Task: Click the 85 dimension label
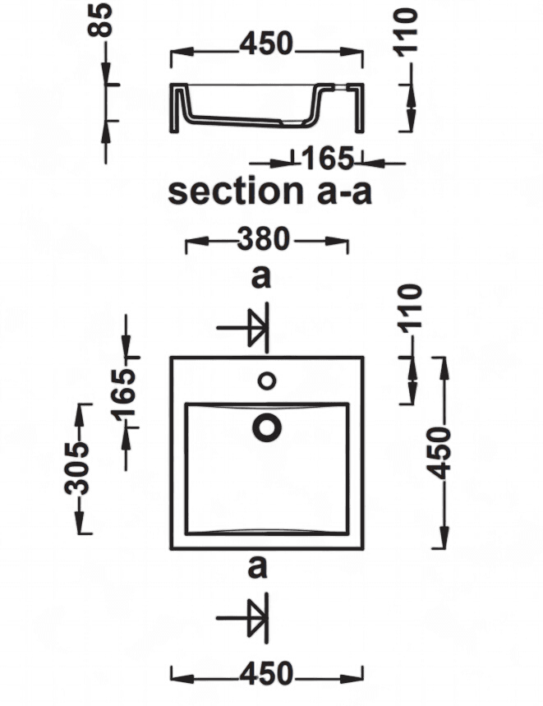(x=100, y=19)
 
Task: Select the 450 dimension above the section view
(x=266, y=44)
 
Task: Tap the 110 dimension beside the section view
(x=406, y=32)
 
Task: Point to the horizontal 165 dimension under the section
(x=327, y=159)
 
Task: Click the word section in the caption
(x=236, y=191)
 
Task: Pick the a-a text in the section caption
(x=344, y=192)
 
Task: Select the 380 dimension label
(x=264, y=239)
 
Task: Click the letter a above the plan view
(x=261, y=278)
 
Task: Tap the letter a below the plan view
(x=257, y=567)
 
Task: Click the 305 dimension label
(x=76, y=468)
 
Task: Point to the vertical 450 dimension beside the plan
(x=439, y=454)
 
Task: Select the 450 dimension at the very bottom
(x=266, y=674)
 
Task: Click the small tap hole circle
(x=267, y=381)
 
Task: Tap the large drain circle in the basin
(x=267, y=427)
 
